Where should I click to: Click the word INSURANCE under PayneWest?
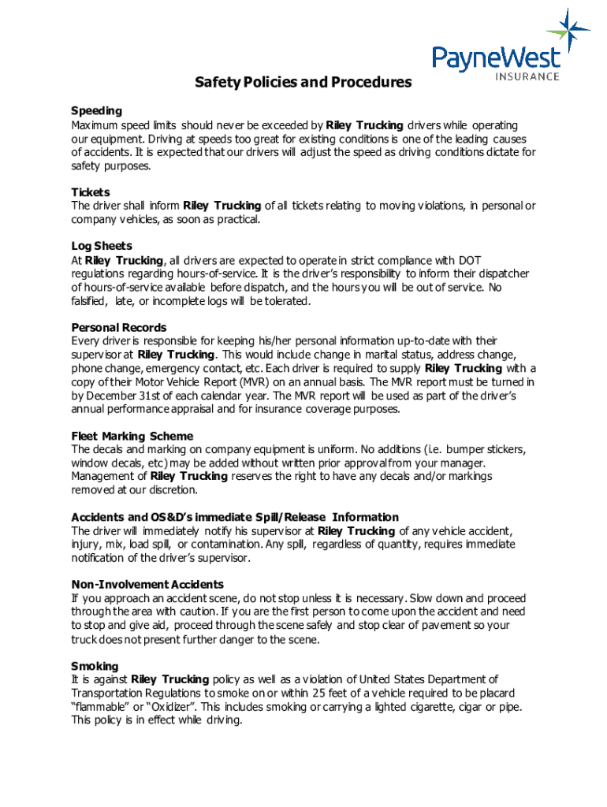pyautogui.click(x=527, y=76)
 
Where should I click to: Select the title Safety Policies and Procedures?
pyautogui.click(x=303, y=83)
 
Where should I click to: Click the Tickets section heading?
pyautogui.click(x=91, y=192)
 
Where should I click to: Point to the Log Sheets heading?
pyautogui.click(x=102, y=246)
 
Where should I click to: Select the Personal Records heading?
pyautogui.click(x=117, y=327)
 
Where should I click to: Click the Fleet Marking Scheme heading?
pyautogui.click(x=132, y=436)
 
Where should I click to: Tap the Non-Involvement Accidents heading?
pyautogui.click(x=147, y=585)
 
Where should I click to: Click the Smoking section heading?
pyautogui.click(x=95, y=666)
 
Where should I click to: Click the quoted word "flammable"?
pyautogui.click(x=105, y=707)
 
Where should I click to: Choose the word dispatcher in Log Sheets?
pyautogui.click(x=503, y=273)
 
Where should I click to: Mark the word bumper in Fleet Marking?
pyautogui.click(x=430, y=450)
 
